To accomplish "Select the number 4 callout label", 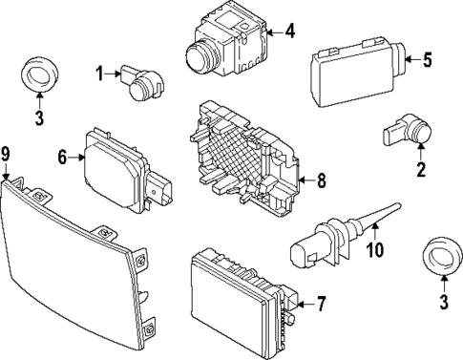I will click(x=290, y=32).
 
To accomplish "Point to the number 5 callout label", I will click(x=427, y=61).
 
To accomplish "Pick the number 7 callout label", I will click(x=321, y=306).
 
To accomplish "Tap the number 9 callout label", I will click(x=6, y=154).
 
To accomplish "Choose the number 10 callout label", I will click(x=376, y=252).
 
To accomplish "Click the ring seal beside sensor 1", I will click(x=39, y=75).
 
